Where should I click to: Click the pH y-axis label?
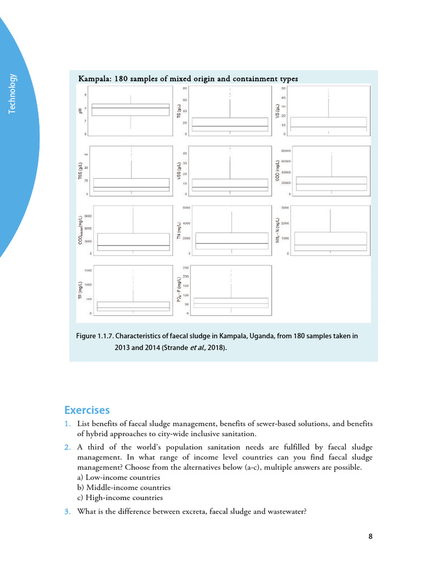80,110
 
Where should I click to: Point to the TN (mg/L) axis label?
178,231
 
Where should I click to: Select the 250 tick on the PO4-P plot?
185,268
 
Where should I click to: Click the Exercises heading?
86,410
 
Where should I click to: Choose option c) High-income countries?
119,497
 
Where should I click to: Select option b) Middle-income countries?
123,487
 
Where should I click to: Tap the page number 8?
370,536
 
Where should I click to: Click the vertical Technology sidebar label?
13,94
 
